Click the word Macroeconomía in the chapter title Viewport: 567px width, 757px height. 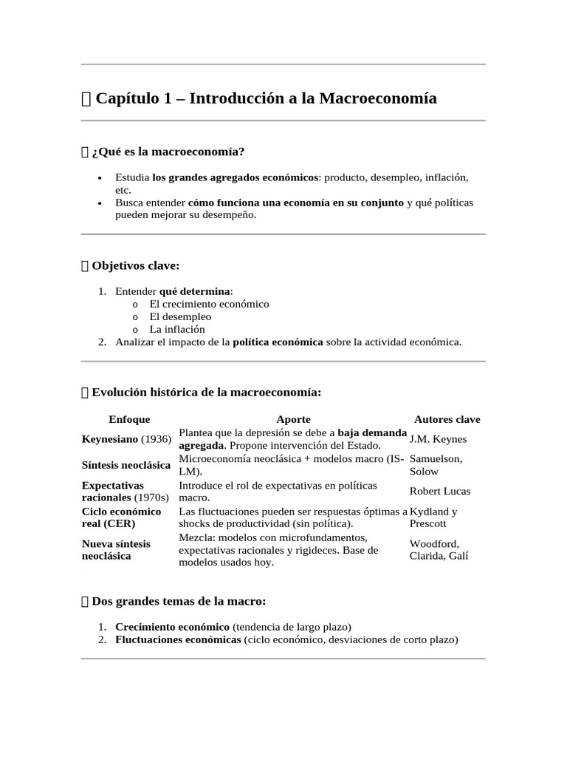point(377,98)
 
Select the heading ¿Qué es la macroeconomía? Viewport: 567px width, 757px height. point(168,152)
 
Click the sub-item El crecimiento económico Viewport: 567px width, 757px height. point(209,304)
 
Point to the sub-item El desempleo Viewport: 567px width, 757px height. point(180,316)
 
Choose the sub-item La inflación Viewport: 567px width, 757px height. point(177,329)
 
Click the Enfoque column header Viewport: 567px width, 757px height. point(129,419)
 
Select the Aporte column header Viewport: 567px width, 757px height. point(293,419)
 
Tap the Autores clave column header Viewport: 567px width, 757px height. point(447,419)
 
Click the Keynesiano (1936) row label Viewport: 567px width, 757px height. point(126,439)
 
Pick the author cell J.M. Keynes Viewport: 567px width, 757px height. point(438,439)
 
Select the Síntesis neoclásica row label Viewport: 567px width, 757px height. point(123,465)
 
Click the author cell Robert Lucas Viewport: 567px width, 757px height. point(440,491)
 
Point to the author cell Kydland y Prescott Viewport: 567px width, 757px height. point(433,517)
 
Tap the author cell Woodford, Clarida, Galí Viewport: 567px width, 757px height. point(439,550)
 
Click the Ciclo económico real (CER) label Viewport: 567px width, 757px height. point(121,517)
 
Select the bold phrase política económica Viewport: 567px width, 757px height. point(278,342)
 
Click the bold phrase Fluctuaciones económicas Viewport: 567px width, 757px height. point(178,639)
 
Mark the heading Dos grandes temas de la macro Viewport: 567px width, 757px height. point(179,601)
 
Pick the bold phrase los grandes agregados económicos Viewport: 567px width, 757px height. point(236,178)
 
